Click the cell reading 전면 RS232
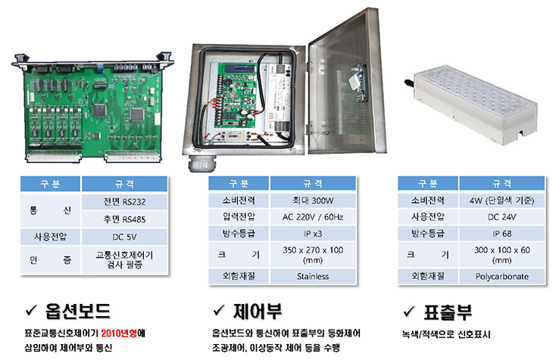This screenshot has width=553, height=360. click(124, 202)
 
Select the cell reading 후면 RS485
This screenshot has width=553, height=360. click(124, 219)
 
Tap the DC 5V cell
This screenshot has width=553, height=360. click(124, 236)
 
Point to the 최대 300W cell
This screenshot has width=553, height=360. click(313, 201)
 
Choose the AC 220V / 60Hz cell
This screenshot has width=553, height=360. click(313, 217)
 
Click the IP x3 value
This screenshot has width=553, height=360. click(313, 233)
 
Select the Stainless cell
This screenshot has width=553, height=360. click(313, 277)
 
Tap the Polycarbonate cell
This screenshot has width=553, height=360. click(501, 277)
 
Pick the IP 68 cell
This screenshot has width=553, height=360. click(501, 233)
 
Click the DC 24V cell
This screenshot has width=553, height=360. click(501, 217)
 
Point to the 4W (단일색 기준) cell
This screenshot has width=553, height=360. click(501, 201)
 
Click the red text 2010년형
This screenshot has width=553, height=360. click(119, 333)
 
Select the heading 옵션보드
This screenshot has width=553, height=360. click(77, 311)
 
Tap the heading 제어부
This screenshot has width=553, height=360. click(258, 311)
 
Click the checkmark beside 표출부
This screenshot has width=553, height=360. click(409, 311)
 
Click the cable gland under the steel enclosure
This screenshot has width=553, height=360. click(200, 163)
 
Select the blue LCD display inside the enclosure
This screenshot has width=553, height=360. click(241, 68)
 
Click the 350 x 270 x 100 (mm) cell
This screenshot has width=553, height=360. click(313, 255)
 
